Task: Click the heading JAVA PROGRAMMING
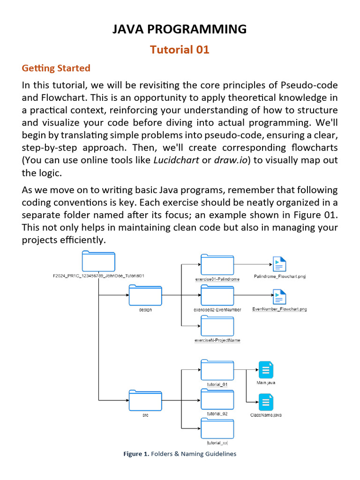coord(180,29)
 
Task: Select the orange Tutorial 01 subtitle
coord(180,49)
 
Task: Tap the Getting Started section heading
coord(56,68)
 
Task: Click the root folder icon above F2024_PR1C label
coord(98,261)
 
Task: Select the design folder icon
coord(145,295)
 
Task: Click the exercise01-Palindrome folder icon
coord(217,264)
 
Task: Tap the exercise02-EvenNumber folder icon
coord(217,295)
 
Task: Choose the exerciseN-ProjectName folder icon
coord(217,326)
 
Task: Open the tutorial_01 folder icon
coord(217,370)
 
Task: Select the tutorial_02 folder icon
coord(217,400)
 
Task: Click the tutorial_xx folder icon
coord(217,429)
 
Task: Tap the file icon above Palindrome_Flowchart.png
coord(279,264)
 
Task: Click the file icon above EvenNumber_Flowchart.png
coord(279,297)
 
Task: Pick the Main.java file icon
coord(266,370)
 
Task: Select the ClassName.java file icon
coord(266,402)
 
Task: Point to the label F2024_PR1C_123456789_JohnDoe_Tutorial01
coord(98,276)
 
